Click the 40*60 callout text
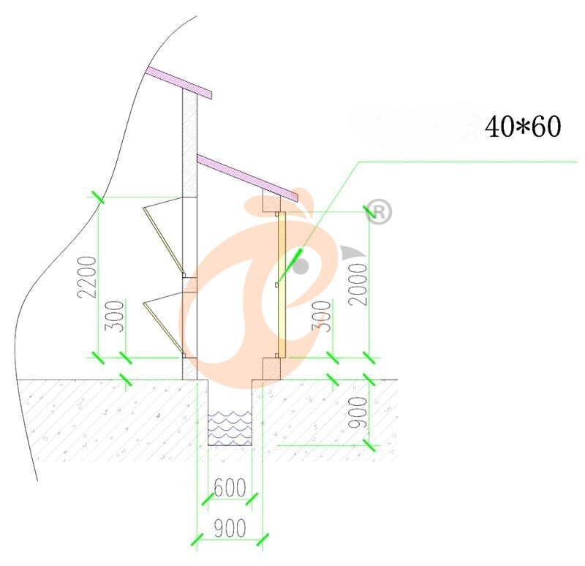click(522, 127)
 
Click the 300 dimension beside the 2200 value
click(114, 316)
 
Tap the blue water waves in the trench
click(230, 428)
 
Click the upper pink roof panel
click(179, 82)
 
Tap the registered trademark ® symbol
click(380, 211)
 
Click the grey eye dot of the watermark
click(300, 265)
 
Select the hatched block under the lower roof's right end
click(271, 203)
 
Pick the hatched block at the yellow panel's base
click(271, 368)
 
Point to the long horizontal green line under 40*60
click(468, 160)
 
